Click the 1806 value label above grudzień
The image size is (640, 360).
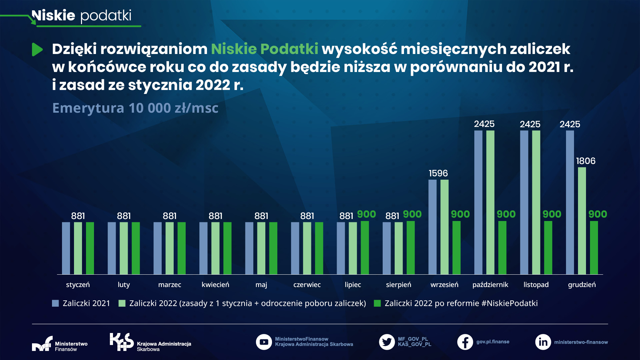pos(586,161)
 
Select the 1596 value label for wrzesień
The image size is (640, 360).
pos(438,173)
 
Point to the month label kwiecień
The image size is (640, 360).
pos(215,285)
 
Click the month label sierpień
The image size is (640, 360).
pos(398,285)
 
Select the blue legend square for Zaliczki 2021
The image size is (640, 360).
pos(55,303)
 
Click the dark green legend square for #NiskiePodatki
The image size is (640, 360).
pos(377,303)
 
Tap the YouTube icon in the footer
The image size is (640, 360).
pos(264,342)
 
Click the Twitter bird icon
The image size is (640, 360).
pos(387,342)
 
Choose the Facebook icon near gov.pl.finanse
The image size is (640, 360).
pos(465,342)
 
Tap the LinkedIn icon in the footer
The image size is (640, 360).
pos(543,342)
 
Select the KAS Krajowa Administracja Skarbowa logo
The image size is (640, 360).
pos(150,343)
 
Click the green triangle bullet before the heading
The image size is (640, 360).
pos(37,50)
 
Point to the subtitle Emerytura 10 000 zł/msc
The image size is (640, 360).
pos(135,108)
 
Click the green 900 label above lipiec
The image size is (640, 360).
pos(366,214)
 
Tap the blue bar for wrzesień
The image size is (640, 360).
pos(432,227)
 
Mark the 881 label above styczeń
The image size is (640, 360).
pos(78,216)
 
